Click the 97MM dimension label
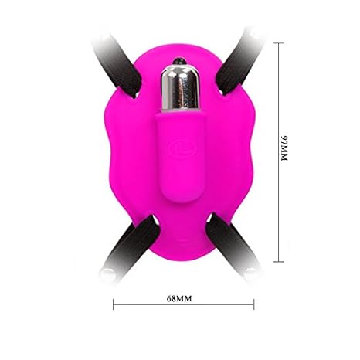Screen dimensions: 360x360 coord(284,148)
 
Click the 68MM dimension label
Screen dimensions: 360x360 coord(179,298)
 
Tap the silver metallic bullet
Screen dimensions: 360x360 coord(180,88)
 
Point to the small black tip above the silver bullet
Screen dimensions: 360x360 coord(179,61)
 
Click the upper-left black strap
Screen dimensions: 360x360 coord(118,64)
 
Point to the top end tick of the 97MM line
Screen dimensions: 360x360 coord(279,43)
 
